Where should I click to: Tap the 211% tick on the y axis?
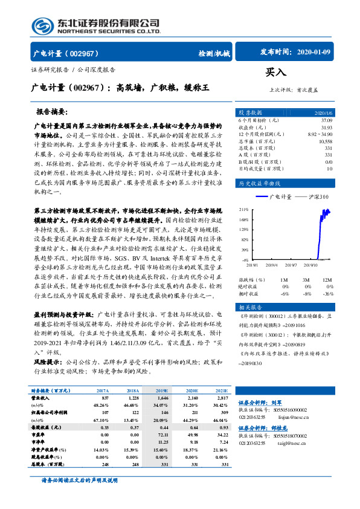pyautogui.click(x=243, y=209)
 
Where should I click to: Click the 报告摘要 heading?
pyautogui.click(x=53, y=112)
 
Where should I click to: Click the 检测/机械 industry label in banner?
pyautogui.click(x=214, y=54)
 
